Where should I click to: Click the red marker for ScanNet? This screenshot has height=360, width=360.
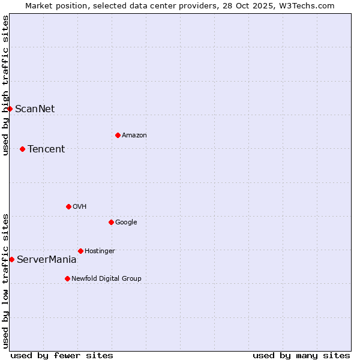point(10,109)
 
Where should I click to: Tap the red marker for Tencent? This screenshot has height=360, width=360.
point(23,149)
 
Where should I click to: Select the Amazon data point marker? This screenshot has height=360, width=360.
point(118,135)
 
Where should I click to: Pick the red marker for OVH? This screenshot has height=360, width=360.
point(68,206)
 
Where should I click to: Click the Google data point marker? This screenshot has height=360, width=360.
point(111,222)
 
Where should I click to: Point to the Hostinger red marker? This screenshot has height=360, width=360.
point(80,251)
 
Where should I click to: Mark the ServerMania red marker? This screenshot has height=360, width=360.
point(12,259)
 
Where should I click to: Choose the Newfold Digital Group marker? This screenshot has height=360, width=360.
point(67,278)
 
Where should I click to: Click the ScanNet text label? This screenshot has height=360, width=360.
point(35,109)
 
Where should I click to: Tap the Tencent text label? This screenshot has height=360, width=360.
point(46,149)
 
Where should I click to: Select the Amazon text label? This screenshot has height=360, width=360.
point(134,135)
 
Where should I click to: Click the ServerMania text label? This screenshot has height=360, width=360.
point(47,259)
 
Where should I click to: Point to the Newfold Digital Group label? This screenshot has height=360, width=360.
point(107,278)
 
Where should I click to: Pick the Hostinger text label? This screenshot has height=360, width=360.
point(100,251)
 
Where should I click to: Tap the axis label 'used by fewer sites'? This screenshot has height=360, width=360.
point(62,355)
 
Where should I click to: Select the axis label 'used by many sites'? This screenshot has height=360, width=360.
point(301,355)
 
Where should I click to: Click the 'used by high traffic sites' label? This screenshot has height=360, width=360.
point(5,85)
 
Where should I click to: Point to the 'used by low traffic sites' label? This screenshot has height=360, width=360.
point(5,281)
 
